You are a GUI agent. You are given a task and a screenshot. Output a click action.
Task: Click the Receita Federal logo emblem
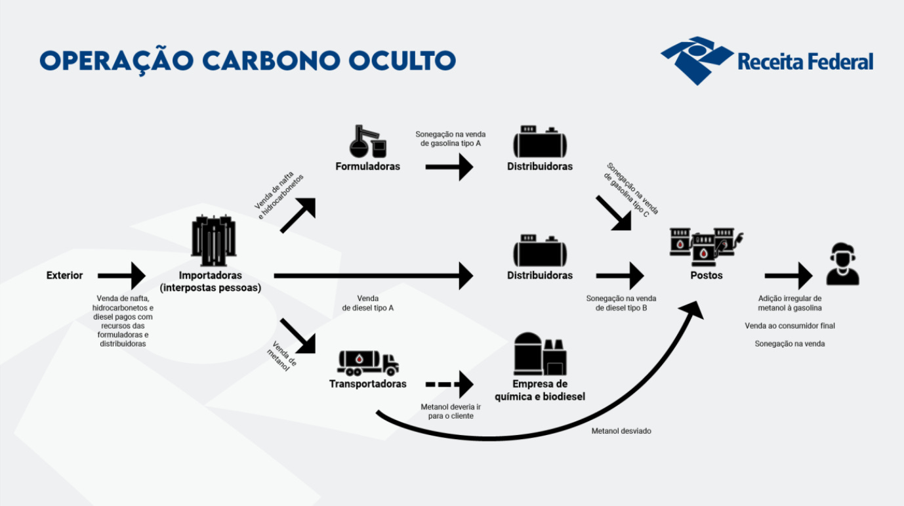pyautogui.click(x=697, y=60)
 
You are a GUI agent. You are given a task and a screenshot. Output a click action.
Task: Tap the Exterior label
pyautogui.click(x=64, y=275)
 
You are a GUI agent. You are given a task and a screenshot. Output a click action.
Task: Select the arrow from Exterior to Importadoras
pyautogui.click(x=122, y=276)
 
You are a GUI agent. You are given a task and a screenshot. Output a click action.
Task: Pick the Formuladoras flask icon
pyautogui.click(x=367, y=140)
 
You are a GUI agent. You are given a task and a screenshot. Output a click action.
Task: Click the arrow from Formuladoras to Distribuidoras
pyautogui.click(x=449, y=167)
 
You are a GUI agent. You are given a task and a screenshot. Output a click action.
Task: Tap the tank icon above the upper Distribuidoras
pyautogui.click(x=539, y=141)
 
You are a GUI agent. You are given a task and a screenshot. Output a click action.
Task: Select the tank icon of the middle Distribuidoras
pyautogui.click(x=539, y=250)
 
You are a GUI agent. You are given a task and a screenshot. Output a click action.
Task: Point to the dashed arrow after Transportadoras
pyautogui.click(x=449, y=384)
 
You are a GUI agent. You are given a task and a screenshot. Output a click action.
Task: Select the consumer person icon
pyautogui.click(x=842, y=264)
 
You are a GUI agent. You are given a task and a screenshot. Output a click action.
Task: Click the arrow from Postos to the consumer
pyautogui.click(x=789, y=276)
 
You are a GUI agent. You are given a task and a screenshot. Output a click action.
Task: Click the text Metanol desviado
pyautogui.click(x=621, y=431)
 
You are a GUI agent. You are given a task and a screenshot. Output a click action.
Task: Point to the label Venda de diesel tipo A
pyautogui.click(x=367, y=303)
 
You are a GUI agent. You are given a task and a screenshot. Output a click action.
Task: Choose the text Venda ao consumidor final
pyautogui.click(x=789, y=326)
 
